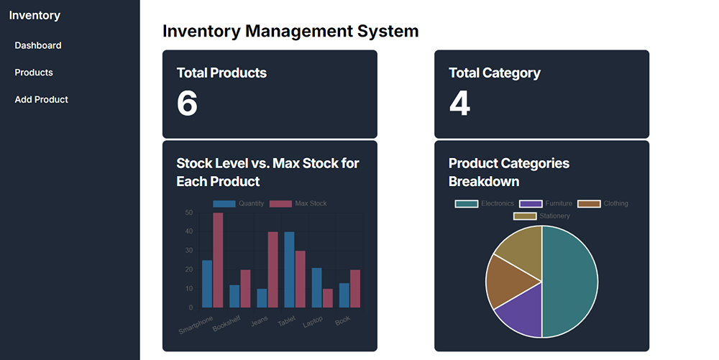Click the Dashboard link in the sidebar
click(38, 45)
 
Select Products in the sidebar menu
click(34, 73)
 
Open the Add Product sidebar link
click(42, 100)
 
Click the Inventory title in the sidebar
click(35, 15)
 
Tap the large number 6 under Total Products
click(187, 103)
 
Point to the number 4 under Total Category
click(459, 103)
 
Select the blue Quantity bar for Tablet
click(289, 269)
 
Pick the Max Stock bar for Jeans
click(273, 269)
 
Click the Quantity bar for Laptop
click(316, 287)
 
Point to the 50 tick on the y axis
click(188, 213)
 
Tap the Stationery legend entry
click(542, 216)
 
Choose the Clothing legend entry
click(603, 204)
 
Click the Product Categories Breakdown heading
click(509, 172)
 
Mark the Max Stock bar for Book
click(354, 289)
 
